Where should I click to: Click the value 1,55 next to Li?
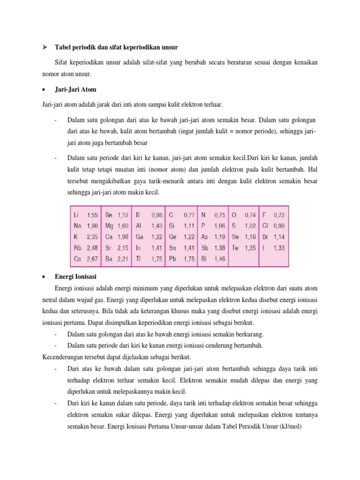(92, 215)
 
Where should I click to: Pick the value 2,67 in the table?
(92, 259)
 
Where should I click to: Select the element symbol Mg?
(109, 226)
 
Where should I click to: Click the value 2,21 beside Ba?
(123, 259)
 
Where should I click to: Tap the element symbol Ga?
(139, 237)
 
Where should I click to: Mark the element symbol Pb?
(172, 259)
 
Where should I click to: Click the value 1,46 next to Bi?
(219, 259)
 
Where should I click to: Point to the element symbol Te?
(235, 248)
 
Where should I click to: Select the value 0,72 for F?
(279, 215)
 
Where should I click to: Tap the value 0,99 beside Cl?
(279, 226)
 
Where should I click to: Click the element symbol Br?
(265, 237)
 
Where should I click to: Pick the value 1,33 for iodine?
(279, 248)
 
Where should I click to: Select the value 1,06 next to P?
(219, 226)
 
